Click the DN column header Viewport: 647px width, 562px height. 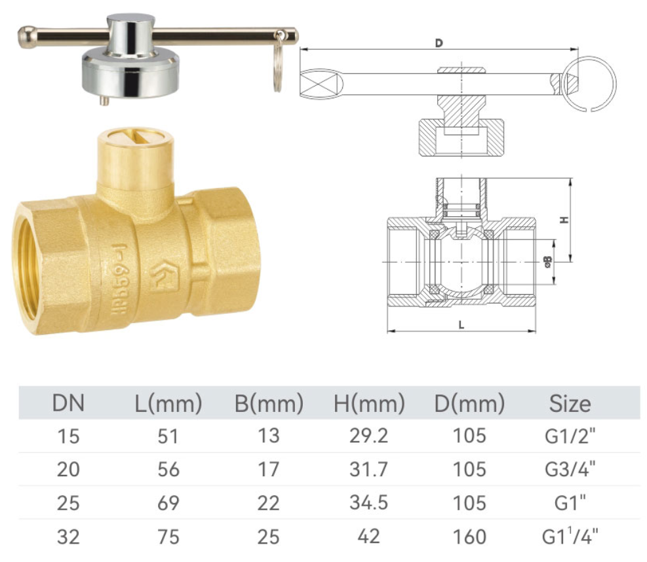pos(68,403)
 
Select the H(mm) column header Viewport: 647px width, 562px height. pos(369,403)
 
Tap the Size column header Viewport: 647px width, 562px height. pos(570,403)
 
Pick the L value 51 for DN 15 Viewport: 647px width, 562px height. pos(168,436)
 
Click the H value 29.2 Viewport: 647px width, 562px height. pos(368,436)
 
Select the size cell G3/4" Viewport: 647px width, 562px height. pos(570,469)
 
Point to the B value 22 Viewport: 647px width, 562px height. pos(269,503)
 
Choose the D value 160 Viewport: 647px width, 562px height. pos(469,537)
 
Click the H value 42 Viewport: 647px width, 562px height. pos(368,536)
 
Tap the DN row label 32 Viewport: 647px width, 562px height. pos(68,537)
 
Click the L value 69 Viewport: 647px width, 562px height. pos(168,503)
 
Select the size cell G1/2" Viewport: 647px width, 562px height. pos(570,436)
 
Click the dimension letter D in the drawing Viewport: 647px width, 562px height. pos(439,43)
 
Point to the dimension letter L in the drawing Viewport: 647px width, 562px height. pos(461,324)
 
